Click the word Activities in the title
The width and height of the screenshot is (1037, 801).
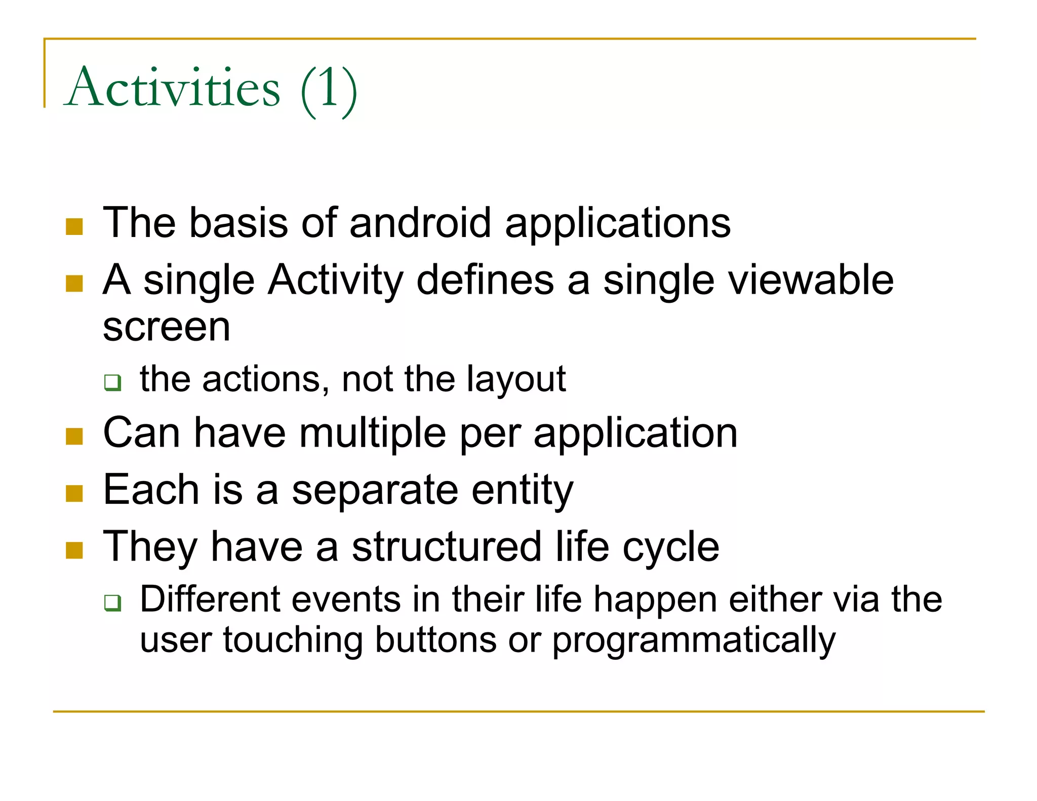(172, 88)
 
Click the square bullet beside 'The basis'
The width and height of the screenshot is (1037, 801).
(74, 227)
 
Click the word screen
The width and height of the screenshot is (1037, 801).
(167, 328)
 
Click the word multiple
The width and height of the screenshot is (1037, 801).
(373, 433)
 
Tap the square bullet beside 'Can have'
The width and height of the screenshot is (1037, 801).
(74, 436)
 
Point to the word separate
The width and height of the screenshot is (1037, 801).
(375, 491)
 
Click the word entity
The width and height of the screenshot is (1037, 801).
(522, 491)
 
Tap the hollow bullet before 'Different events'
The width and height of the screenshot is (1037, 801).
(112, 603)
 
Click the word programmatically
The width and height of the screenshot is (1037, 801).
(693, 641)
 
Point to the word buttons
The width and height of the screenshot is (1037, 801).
(435, 640)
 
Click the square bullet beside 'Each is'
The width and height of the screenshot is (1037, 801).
(74, 493)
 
